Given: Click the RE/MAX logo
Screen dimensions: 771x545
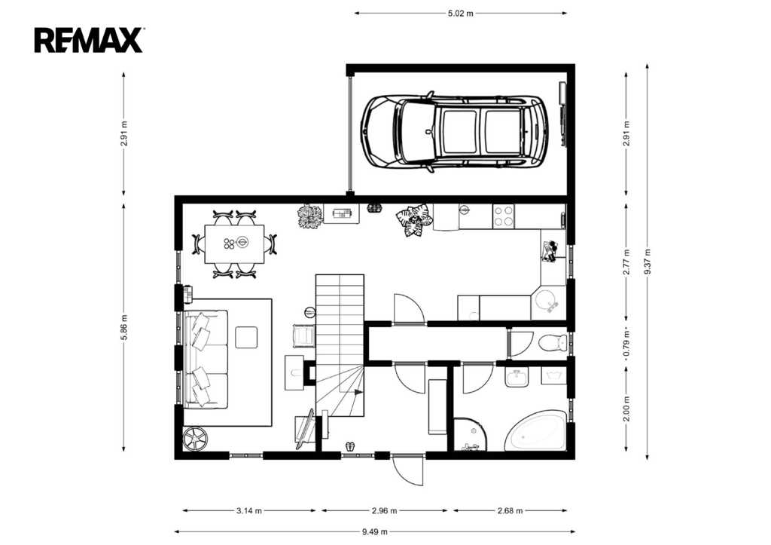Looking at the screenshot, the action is point(89,41).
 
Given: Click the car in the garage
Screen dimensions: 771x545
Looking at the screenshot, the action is point(455,132).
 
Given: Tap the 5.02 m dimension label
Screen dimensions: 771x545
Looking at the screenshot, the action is point(460,14).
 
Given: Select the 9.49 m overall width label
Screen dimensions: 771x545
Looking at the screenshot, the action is point(375,531).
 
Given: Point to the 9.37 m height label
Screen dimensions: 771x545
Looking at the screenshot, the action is point(647,262).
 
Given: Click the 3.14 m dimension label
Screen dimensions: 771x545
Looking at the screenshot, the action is point(249,510).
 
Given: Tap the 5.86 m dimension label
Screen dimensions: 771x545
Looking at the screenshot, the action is point(124,327).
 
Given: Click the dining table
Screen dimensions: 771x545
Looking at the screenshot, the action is point(235,244).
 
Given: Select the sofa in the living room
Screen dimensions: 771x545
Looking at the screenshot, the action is point(206,359).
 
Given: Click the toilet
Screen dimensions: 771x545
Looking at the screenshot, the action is point(553,342).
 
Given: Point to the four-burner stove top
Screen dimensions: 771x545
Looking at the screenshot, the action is point(504,216).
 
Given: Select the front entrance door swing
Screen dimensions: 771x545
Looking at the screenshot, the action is point(407,470).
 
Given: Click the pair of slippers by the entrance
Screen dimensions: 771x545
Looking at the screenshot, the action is point(349,446).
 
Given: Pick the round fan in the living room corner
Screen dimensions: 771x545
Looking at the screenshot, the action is point(195,438).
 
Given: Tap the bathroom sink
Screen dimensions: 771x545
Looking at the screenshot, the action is point(517,378).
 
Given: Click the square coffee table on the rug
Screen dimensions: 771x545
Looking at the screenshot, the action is point(246,338).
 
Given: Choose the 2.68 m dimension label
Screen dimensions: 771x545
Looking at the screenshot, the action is point(510,510).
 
